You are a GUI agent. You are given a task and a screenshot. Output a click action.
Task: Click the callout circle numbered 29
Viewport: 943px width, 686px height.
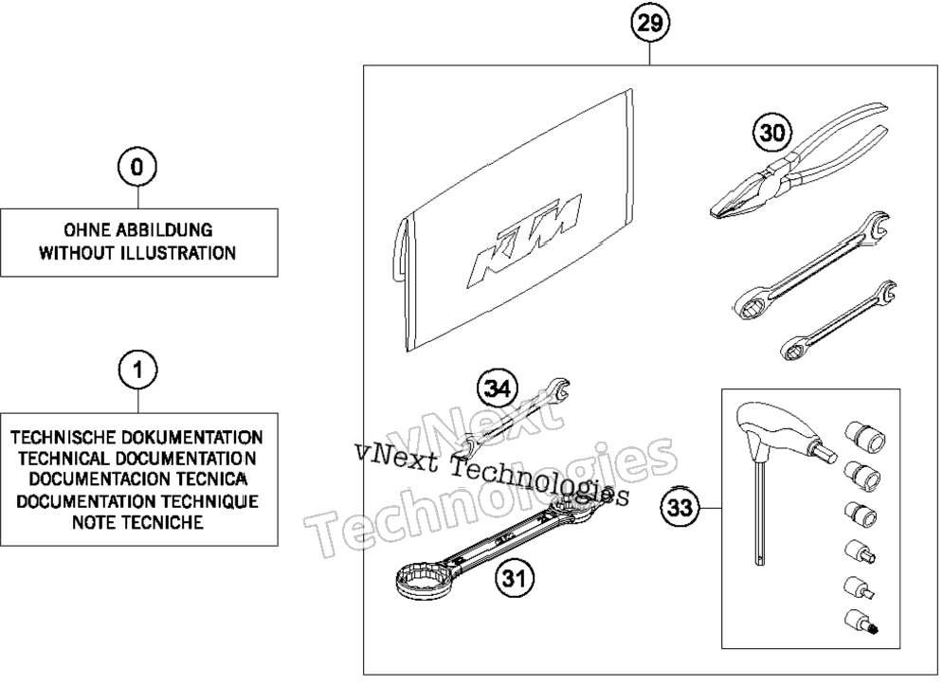pyautogui.click(x=650, y=24)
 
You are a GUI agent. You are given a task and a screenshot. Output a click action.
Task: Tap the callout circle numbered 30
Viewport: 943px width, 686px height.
pyautogui.click(x=772, y=132)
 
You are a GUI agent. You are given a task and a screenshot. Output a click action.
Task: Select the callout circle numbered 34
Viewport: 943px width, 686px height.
pyautogui.click(x=498, y=389)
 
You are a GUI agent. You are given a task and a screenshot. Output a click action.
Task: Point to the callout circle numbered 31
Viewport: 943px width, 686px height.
pyautogui.click(x=515, y=578)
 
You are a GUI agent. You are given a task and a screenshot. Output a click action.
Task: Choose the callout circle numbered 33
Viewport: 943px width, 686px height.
pyautogui.click(x=680, y=508)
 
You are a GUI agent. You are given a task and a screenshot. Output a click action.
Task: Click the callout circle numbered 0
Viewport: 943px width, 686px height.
pyautogui.click(x=137, y=167)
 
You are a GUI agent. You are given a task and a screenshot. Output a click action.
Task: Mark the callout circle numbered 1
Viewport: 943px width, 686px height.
pyautogui.click(x=138, y=370)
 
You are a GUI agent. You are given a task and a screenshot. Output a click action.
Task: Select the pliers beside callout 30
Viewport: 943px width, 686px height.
pyautogui.click(x=799, y=161)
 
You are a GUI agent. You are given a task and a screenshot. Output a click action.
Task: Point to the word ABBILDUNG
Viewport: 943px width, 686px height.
pyautogui.click(x=164, y=229)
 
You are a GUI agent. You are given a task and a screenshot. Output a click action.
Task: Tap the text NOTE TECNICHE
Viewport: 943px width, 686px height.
pyautogui.click(x=137, y=522)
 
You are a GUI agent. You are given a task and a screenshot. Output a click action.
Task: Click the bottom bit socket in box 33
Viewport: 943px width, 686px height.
pyautogui.click(x=861, y=622)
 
